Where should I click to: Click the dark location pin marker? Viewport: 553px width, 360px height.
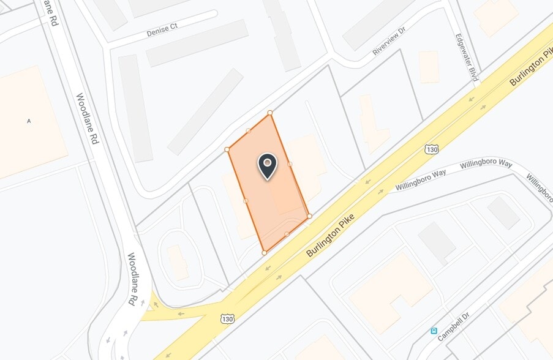click(267, 165)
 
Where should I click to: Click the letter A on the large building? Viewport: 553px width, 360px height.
click(28, 121)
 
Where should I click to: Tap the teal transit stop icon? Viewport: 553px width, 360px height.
click(434, 331)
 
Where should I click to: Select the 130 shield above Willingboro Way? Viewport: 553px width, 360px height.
click(432, 149)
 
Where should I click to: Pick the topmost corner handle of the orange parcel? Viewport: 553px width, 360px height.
click(270, 113)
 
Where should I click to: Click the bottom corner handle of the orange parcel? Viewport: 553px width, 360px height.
click(264, 252)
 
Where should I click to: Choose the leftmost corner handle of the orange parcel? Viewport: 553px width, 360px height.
click(227, 149)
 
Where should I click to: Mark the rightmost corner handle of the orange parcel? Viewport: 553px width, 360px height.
click(309, 216)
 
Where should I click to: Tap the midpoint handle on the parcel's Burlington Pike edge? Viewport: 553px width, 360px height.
click(287, 234)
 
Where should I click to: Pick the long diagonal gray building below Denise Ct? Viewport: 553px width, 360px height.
click(206, 111)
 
